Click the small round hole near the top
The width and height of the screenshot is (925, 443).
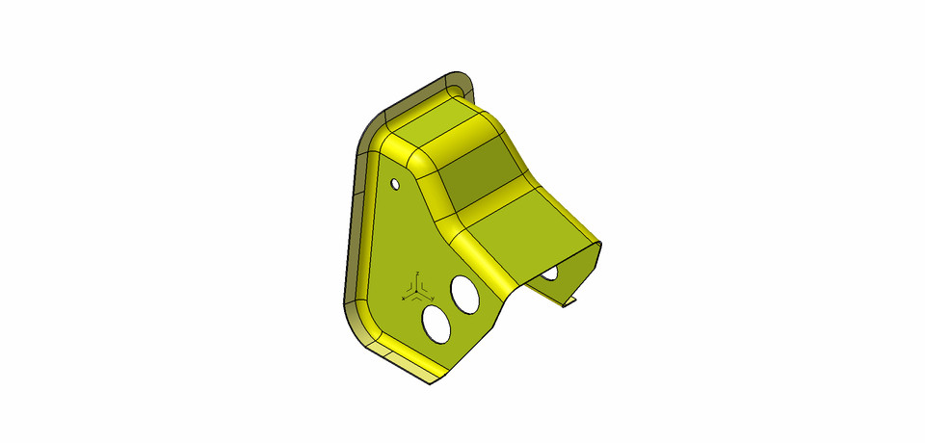[x=394, y=183]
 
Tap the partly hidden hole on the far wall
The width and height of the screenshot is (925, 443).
[x=549, y=274]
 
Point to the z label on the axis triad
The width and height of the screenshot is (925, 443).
[x=415, y=274]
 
